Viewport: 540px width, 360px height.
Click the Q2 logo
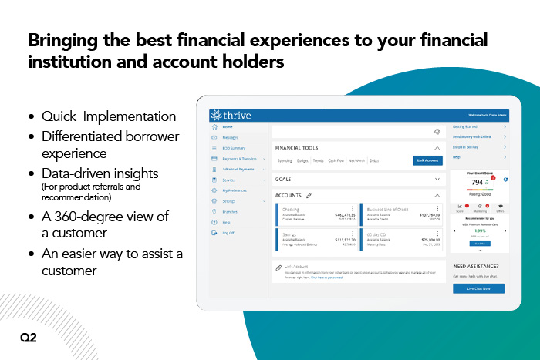coord(28,337)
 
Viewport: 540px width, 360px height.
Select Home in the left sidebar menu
coord(228,126)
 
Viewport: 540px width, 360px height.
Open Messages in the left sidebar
coord(231,136)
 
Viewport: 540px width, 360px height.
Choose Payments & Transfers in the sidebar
coord(238,158)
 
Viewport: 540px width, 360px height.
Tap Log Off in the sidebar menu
coord(228,232)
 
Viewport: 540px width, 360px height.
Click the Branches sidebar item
coord(230,211)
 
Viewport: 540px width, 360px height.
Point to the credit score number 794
coord(478,182)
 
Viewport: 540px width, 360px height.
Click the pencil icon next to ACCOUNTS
coord(309,196)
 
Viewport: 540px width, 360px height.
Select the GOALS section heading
coord(283,178)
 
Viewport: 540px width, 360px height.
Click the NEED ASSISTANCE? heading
coord(475,267)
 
